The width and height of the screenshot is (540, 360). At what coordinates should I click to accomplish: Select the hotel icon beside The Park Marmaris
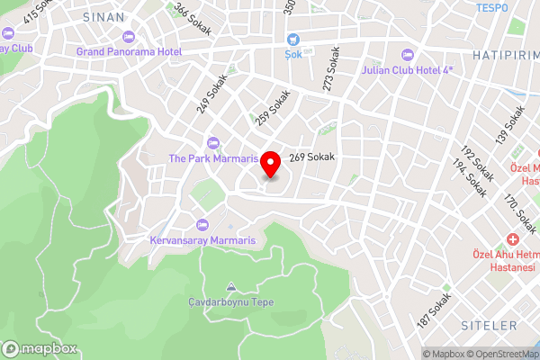click(x=213, y=142)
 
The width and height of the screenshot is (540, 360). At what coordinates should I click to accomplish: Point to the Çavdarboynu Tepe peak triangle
click(x=230, y=287)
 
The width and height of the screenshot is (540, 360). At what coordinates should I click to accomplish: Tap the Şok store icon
click(x=293, y=40)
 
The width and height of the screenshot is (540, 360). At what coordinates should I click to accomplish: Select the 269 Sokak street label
click(x=312, y=157)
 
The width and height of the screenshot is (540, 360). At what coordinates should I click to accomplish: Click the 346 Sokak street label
click(x=193, y=17)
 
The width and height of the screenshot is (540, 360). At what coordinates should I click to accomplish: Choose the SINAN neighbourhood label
click(x=103, y=17)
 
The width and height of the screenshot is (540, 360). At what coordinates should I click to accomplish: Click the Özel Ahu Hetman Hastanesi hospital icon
click(x=512, y=240)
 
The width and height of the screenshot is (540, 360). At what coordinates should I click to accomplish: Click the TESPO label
click(x=492, y=7)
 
